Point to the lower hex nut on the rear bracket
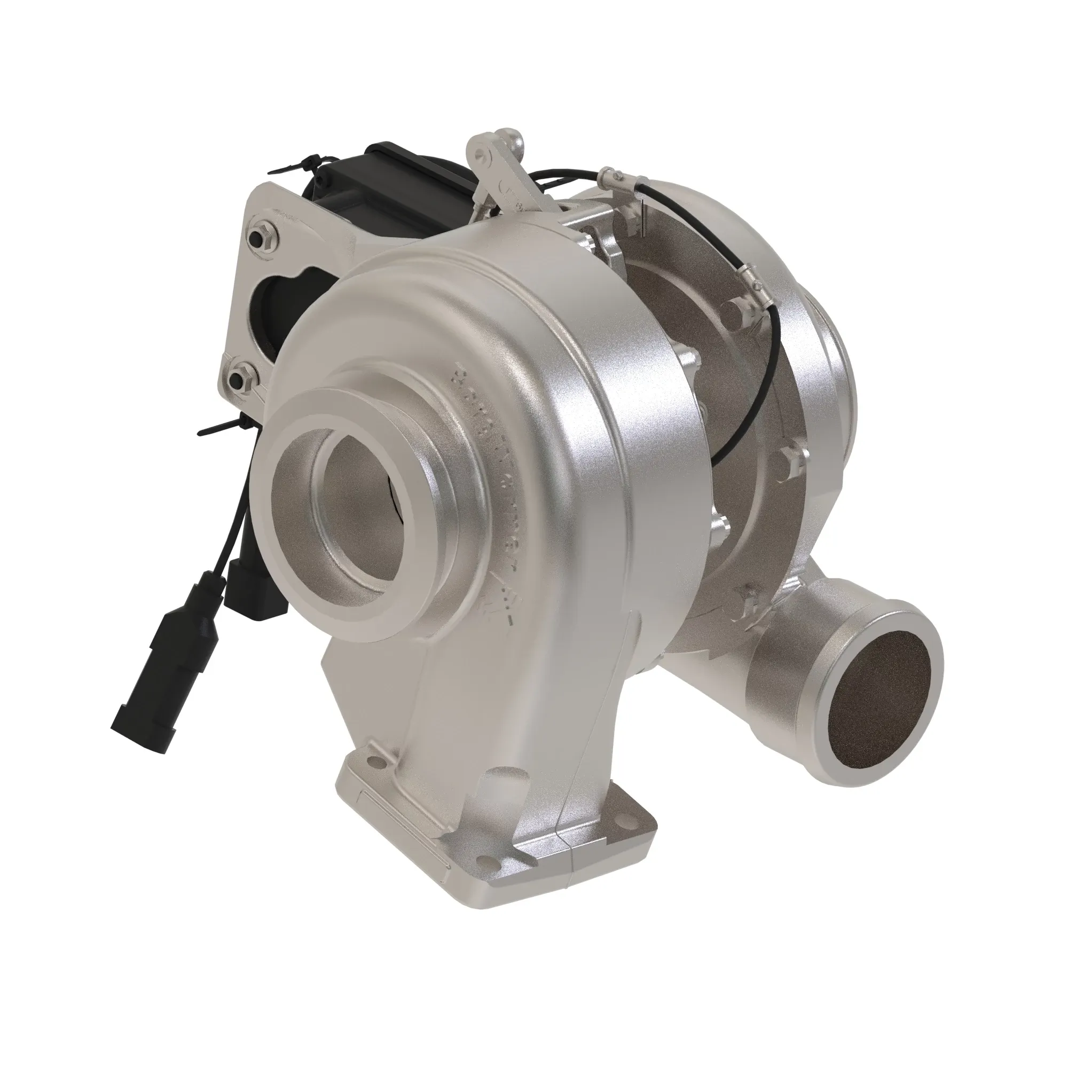(x=242, y=378)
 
